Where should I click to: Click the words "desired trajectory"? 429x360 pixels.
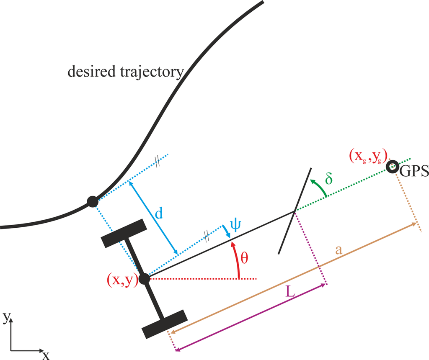(x=125, y=72)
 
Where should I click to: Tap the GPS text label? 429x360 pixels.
(x=413, y=172)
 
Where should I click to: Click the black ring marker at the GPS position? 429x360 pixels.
(x=393, y=167)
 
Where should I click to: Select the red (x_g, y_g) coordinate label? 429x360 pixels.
(x=368, y=155)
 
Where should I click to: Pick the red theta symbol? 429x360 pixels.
(x=244, y=257)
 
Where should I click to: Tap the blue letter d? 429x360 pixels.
(x=159, y=214)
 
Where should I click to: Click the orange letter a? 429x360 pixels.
(x=339, y=250)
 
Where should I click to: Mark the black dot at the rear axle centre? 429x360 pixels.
(x=145, y=279)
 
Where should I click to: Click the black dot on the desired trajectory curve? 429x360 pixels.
(x=92, y=202)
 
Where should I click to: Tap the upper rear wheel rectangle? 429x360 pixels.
(x=124, y=233)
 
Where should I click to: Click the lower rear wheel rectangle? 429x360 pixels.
(x=164, y=324)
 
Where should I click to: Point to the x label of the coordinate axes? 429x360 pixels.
(x=46, y=355)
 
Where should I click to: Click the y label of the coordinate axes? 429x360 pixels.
(x=6, y=318)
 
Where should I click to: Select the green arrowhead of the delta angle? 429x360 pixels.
(x=312, y=181)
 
